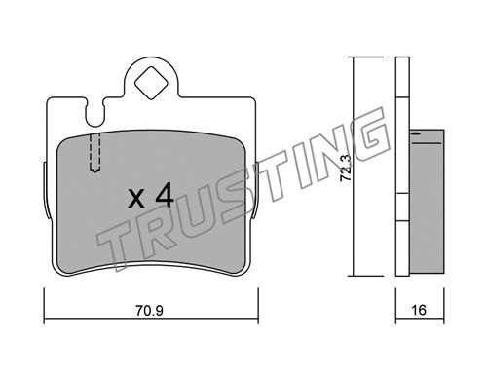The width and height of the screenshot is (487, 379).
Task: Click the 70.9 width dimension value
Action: pyautogui.click(x=149, y=311)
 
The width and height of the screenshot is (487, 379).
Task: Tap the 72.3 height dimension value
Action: pyautogui.click(x=346, y=168)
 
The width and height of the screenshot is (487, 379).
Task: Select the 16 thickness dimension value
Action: pyautogui.click(x=419, y=310)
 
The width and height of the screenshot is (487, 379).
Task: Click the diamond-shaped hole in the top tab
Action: pyautogui.click(x=151, y=83)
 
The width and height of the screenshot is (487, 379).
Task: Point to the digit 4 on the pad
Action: pyautogui.click(x=165, y=195)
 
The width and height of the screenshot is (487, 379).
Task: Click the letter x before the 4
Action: pyautogui.click(x=136, y=199)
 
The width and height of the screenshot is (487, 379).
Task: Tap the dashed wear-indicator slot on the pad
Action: pyautogui.click(x=94, y=152)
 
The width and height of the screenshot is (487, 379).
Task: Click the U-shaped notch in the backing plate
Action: pyautogui.click(x=95, y=113)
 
